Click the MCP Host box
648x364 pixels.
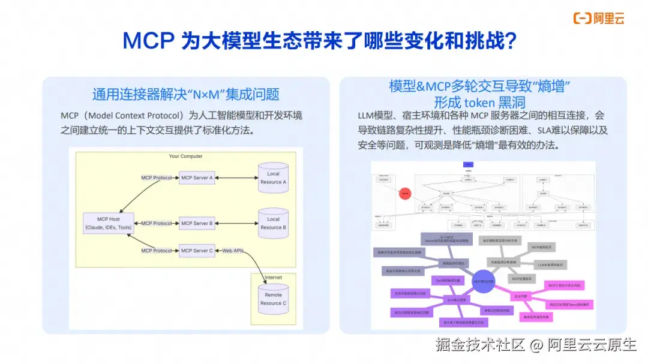(109, 224)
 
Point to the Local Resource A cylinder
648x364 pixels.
(273, 178)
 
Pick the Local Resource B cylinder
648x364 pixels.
(273, 223)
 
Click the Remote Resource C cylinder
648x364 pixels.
(273, 299)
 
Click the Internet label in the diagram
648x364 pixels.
(273, 278)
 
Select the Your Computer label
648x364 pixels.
(185, 157)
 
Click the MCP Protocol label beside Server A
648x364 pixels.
(156, 178)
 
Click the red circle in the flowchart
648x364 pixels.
(405, 193)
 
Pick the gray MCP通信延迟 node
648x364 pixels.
(541, 246)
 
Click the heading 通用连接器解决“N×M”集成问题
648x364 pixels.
(185, 95)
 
